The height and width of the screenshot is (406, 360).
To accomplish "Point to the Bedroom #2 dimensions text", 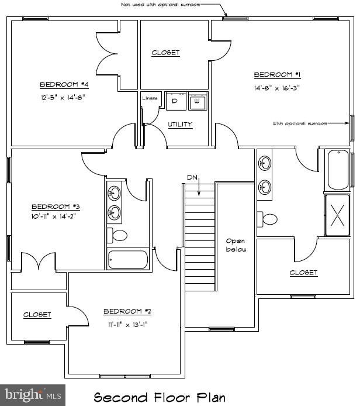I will pyautogui.click(x=127, y=324).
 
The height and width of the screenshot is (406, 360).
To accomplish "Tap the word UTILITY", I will pyautogui.click(x=179, y=125).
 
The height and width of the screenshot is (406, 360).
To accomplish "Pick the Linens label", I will pyautogui.click(x=150, y=98).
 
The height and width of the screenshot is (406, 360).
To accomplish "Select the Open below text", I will pyautogui.click(x=236, y=245).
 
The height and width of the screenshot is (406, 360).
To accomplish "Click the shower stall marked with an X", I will pyautogui.click(x=337, y=215).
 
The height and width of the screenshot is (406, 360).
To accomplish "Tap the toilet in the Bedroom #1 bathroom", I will pyautogui.click(x=269, y=220).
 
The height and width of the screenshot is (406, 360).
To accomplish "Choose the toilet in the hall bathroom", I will pyautogui.click(x=118, y=235).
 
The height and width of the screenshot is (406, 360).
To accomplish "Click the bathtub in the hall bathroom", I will pyautogui.click(x=128, y=259).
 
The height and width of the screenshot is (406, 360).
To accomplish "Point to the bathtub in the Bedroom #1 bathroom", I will pyautogui.click(x=338, y=170).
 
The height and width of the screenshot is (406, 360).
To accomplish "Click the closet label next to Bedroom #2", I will pyautogui.click(x=37, y=315).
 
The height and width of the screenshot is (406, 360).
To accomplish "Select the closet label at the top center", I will pyautogui.click(x=165, y=53).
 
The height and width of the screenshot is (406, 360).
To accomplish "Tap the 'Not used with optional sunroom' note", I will pyautogui.click(x=168, y=5).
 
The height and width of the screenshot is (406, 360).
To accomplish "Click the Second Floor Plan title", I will pyautogui.click(x=160, y=398).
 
